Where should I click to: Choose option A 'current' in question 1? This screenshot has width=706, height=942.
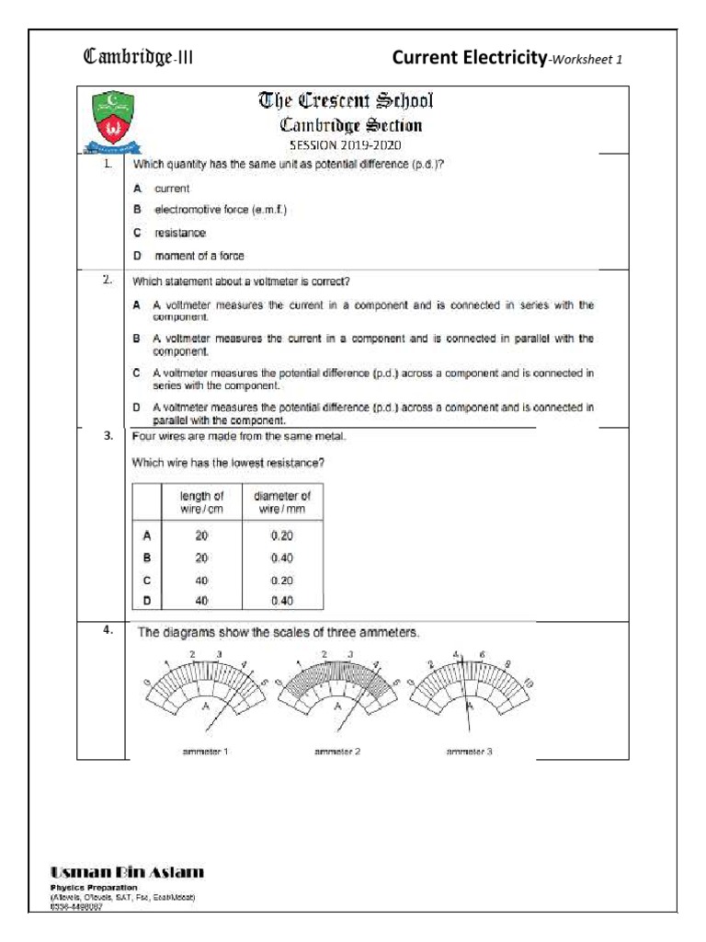click(x=172, y=188)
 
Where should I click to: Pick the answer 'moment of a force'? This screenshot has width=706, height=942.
click(x=199, y=255)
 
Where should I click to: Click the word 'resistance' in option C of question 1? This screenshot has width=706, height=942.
click(x=180, y=233)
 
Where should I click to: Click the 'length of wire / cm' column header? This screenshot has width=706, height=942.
click(x=201, y=501)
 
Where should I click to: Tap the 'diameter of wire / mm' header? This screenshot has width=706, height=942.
click(x=282, y=501)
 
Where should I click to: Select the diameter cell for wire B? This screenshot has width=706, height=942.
click(x=282, y=557)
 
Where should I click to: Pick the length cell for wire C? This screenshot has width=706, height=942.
click(x=201, y=580)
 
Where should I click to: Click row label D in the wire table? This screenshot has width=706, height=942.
click(x=146, y=602)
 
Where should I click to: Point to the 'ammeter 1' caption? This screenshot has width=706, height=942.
click(x=206, y=752)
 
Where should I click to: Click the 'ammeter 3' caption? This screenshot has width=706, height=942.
click(x=470, y=752)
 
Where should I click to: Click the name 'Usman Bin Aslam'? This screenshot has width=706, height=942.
click(x=127, y=871)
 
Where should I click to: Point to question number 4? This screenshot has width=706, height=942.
click(x=108, y=630)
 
